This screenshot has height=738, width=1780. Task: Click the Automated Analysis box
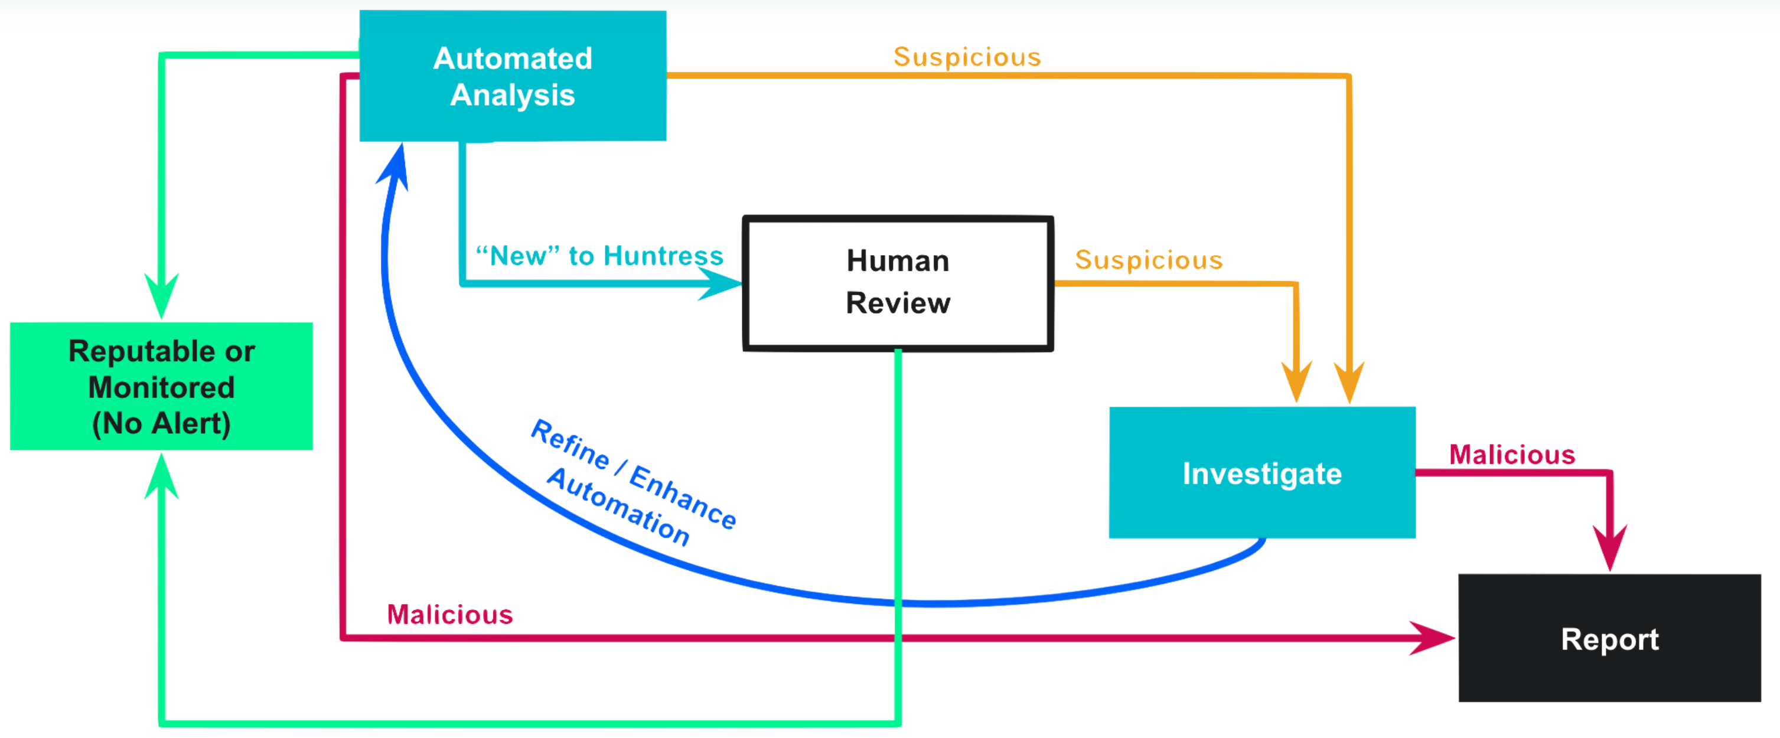513,76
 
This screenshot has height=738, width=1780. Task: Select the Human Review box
898,283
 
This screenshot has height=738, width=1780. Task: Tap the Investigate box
1261,473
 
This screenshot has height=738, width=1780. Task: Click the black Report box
1609,638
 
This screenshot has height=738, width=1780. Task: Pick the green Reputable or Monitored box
161,386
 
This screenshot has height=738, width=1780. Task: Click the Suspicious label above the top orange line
967,57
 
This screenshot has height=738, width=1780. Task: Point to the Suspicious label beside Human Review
1149,260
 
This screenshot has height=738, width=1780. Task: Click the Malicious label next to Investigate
1512,455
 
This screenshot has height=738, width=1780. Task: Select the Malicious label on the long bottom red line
450,614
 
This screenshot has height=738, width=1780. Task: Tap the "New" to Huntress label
599,256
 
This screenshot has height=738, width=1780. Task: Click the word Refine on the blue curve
569,443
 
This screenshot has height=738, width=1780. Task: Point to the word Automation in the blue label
618,507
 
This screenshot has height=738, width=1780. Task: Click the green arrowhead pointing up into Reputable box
162,477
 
